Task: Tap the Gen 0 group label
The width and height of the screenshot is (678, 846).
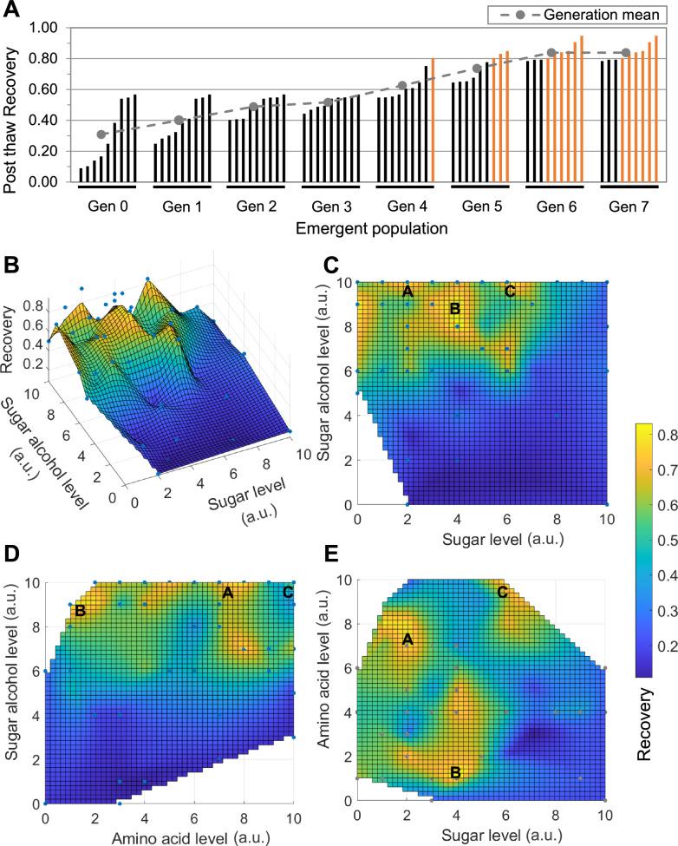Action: (108, 207)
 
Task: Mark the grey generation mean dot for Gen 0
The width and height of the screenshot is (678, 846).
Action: (101, 134)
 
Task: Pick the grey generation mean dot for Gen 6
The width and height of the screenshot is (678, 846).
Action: (551, 53)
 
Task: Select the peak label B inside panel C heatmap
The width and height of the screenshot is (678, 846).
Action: (453, 308)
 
